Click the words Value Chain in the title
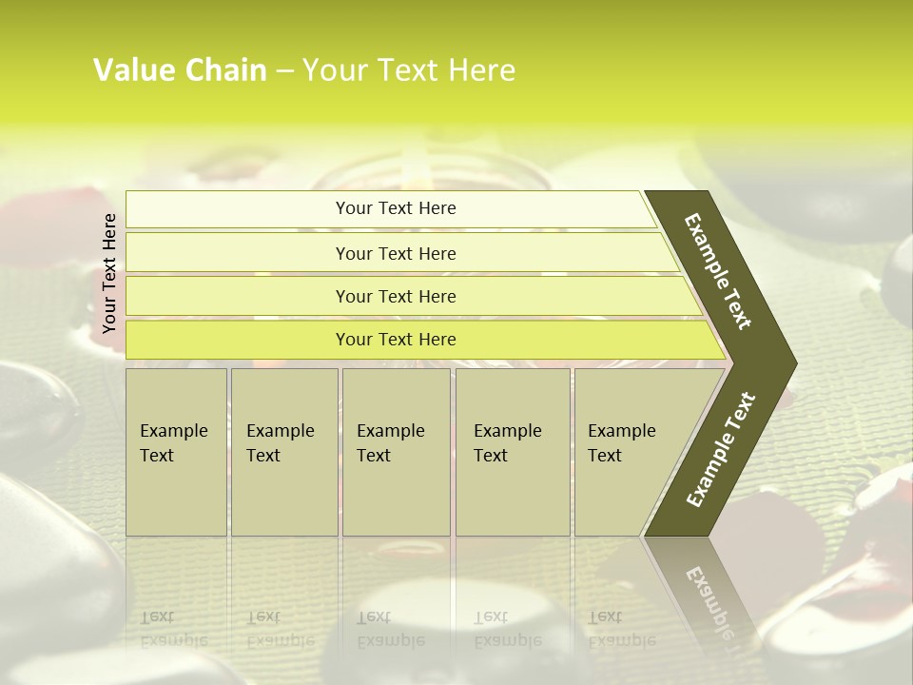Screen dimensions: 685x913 tap(180, 70)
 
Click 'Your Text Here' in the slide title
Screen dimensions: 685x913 tap(409, 70)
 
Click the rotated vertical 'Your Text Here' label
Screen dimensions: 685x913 tap(109, 273)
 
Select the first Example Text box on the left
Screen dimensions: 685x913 tap(176, 452)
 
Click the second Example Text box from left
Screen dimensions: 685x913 tap(284, 452)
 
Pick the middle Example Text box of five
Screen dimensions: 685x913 tap(396, 452)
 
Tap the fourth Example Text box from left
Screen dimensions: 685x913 tap(513, 452)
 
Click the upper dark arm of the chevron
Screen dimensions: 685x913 tap(719, 271)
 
